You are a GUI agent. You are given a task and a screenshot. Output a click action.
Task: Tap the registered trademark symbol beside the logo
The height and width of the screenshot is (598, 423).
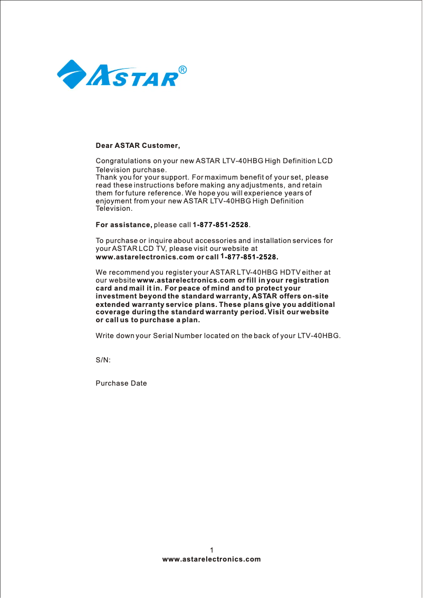182,70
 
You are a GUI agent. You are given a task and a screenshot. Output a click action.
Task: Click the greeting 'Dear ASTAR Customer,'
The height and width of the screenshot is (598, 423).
138,145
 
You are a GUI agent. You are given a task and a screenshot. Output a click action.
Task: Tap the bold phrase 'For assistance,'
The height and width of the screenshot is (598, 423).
123,225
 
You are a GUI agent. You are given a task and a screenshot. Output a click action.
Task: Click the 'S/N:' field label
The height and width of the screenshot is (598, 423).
103,360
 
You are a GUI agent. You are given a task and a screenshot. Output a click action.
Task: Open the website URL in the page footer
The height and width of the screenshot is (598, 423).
211,559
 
